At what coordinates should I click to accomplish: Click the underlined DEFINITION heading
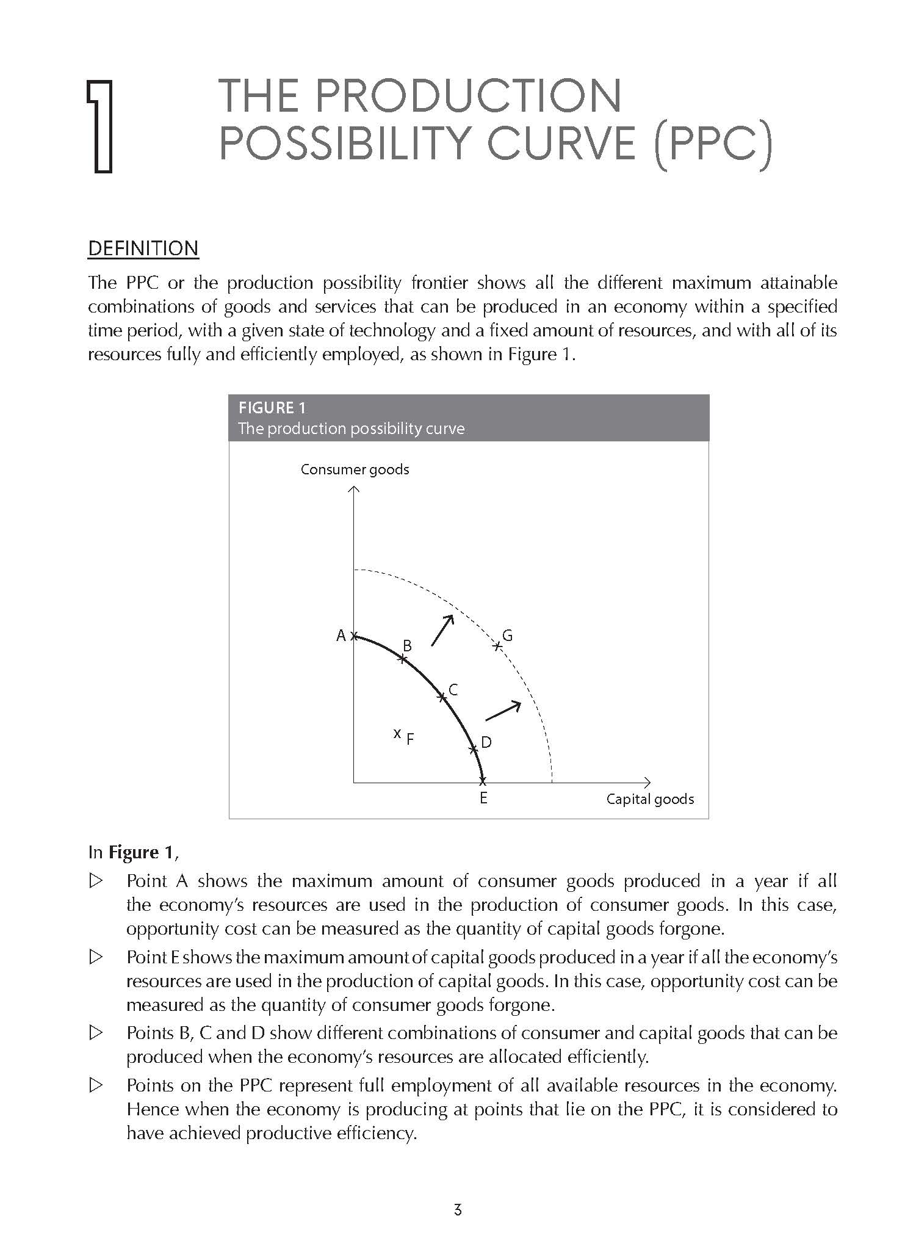[143, 248]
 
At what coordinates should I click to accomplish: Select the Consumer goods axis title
[355, 469]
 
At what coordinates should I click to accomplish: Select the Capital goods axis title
[650, 799]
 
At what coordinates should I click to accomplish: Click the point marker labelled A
[354, 636]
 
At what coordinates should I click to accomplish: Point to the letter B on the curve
[407, 646]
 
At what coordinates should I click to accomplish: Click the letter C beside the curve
[453, 690]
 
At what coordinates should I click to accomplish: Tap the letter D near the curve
[486, 742]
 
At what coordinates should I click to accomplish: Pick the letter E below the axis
[483, 798]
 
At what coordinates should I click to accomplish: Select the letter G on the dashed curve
[507, 636]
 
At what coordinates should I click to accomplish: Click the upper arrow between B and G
[443, 629]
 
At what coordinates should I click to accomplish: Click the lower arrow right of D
[503, 711]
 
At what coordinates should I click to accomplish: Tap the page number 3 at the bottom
[458, 1209]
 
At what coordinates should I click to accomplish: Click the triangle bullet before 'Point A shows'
[96, 882]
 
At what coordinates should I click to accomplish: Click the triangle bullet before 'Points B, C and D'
[96, 1034]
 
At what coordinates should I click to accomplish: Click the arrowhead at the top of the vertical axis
[354, 489]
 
